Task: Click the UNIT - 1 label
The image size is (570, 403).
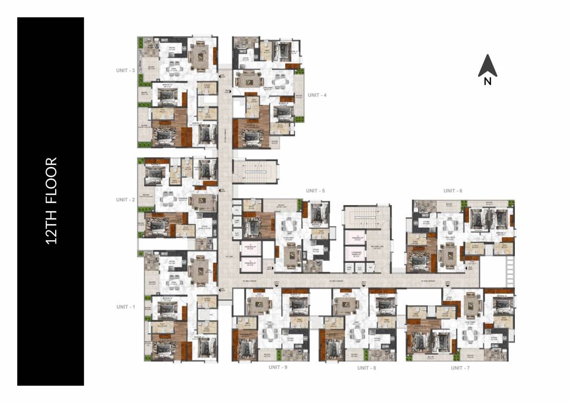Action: coord(125,307)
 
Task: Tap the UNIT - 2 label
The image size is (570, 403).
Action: coord(125,200)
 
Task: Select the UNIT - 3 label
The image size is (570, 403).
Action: coord(125,70)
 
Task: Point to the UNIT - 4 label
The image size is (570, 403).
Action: coord(317,95)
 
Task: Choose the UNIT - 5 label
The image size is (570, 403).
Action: coord(315,190)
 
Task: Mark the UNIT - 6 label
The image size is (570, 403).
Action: coord(452,190)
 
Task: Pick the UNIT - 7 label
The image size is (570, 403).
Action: coord(460,368)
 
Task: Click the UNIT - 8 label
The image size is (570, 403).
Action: coord(366,368)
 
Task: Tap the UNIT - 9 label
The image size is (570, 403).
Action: coord(278,367)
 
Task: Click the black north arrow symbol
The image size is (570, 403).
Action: coord(487,65)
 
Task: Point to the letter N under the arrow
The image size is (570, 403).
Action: coord(488,81)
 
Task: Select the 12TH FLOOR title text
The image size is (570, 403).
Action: coord(51,201)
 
